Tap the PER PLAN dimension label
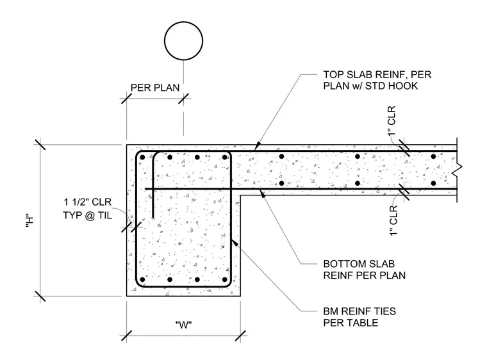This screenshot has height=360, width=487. (x=155, y=88)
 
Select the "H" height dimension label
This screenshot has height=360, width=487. (x=29, y=221)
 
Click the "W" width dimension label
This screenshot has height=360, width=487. (x=183, y=325)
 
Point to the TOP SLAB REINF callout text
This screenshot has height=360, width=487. (x=377, y=80)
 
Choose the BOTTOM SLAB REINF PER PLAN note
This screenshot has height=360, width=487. (x=364, y=270)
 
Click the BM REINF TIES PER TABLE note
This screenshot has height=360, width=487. (x=359, y=317)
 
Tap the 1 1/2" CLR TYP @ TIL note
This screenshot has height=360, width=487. (x=87, y=208)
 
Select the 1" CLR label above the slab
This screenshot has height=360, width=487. (x=392, y=120)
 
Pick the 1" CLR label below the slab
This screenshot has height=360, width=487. (x=393, y=220)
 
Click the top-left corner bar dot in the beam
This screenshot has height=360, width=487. (x=142, y=157)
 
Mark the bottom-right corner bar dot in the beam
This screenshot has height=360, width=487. (x=224, y=279)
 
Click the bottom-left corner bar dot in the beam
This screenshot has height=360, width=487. (x=142, y=279)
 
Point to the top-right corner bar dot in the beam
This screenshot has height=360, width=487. (x=224, y=157)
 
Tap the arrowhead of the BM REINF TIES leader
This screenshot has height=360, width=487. (x=235, y=242)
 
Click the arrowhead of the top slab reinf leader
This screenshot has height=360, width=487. (x=257, y=146)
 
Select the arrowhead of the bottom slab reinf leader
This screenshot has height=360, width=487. (x=263, y=194)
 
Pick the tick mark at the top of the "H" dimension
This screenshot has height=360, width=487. (x=40, y=144)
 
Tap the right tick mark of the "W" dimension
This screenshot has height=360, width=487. (x=241, y=336)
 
